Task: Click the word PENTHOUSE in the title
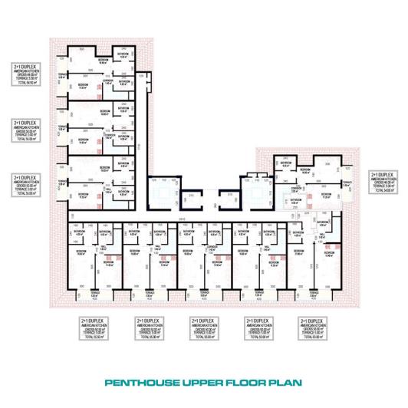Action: click(x=138, y=381)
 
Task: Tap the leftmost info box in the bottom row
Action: click(x=93, y=327)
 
